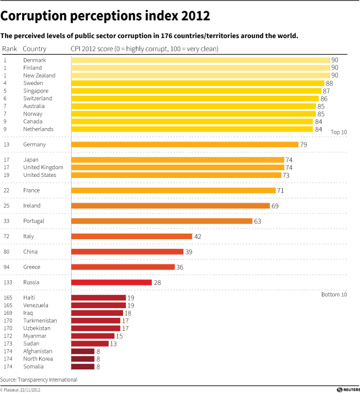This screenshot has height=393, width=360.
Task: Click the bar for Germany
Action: click(185, 145)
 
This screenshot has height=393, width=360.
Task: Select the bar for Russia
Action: click(112, 282)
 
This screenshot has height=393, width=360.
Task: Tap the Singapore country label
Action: click(35, 91)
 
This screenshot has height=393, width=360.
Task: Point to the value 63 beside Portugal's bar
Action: click(258, 221)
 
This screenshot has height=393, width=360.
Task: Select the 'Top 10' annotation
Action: click(338, 132)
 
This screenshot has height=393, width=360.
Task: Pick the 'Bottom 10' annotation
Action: click(334, 295)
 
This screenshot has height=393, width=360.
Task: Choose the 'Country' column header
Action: click(34, 49)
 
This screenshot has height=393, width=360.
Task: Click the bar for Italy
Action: click(132, 237)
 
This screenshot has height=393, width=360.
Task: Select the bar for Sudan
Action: click(90, 344)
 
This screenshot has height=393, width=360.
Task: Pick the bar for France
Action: click(173, 190)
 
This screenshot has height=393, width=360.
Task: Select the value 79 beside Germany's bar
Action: click(303, 145)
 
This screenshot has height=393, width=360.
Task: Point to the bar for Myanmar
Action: click(93, 336)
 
